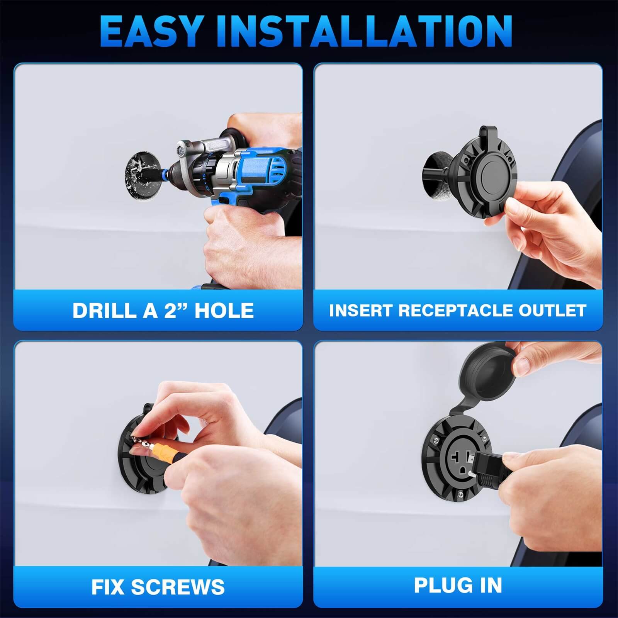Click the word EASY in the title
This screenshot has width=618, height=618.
[152, 32]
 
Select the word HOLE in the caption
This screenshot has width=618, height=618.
[224, 310]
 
